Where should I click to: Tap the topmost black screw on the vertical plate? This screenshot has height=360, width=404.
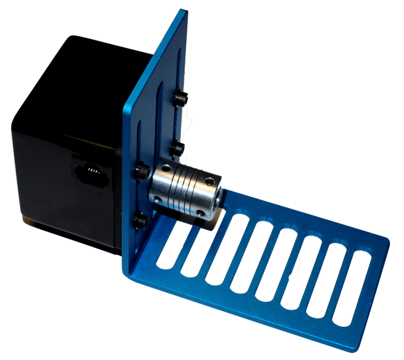(x=181, y=98)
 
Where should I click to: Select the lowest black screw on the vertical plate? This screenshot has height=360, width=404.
(x=140, y=221)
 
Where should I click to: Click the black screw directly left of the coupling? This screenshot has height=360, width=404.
(x=143, y=171)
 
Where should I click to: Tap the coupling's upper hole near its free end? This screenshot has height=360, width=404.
(x=211, y=182)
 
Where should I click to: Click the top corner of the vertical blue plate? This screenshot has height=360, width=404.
(x=184, y=12)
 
